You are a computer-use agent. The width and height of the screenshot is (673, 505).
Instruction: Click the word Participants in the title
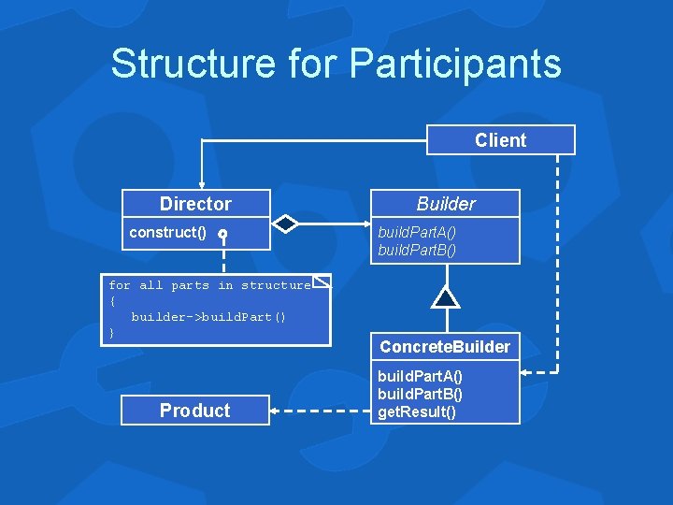pyautogui.click(x=455, y=65)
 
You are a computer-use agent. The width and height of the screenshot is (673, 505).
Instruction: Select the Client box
pyautogui.click(x=500, y=140)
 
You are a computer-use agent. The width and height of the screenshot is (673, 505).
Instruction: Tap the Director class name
pyautogui.click(x=195, y=204)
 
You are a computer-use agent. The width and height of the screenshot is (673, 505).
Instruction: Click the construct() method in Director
pyautogui.click(x=167, y=232)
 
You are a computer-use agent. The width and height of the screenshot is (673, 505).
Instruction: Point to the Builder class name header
pyautogui.click(x=445, y=204)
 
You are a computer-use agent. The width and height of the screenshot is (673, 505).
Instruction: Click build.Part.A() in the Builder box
pyautogui.click(x=417, y=232)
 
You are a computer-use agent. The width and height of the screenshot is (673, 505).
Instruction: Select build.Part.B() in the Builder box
pyautogui.click(x=417, y=250)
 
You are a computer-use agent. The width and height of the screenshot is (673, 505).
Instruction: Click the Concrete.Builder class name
pyautogui.click(x=445, y=347)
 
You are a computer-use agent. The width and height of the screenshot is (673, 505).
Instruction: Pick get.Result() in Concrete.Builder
pyautogui.click(x=417, y=411)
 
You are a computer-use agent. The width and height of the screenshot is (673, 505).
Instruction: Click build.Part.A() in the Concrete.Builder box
pyautogui.click(x=420, y=376)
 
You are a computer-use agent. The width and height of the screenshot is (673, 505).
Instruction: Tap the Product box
pyautogui.click(x=195, y=411)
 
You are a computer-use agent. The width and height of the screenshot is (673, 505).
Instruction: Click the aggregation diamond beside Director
pyautogui.click(x=285, y=224)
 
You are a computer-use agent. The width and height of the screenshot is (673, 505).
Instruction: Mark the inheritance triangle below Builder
pyautogui.click(x=446, y=296)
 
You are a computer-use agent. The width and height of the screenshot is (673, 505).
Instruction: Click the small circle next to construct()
pyautogui.click(x=223, y=233)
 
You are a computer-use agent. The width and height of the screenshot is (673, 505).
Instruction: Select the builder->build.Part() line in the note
pyautogui.click(x=208, y=317)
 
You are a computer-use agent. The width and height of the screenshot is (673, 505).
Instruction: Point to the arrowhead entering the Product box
pyautogui.click(x=276, y=411)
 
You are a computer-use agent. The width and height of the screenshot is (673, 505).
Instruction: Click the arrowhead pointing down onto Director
pyautogui.click(x=200, y=184)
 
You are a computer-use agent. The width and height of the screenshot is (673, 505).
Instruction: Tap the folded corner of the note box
pyautogui.click(x=322, y=281)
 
